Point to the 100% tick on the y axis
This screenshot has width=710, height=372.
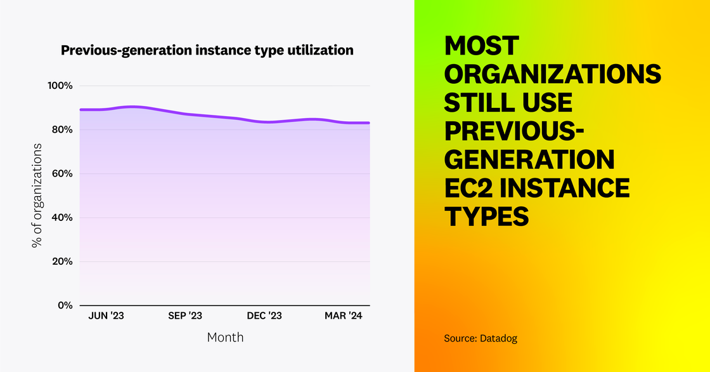point(62,86)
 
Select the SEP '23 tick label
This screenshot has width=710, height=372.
point(184,316)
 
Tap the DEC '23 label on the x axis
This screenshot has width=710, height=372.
point(264,316)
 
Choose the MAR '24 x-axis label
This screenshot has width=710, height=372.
point(344,316)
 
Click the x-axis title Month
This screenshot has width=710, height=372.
point(225,337)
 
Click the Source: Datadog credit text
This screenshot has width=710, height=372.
point(481,339)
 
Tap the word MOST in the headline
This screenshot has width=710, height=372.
point(482,46)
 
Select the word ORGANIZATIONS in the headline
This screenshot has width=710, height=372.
point(553,75)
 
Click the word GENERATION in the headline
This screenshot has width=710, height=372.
point(529,160)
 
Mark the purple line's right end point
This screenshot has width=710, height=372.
point(369,123)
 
